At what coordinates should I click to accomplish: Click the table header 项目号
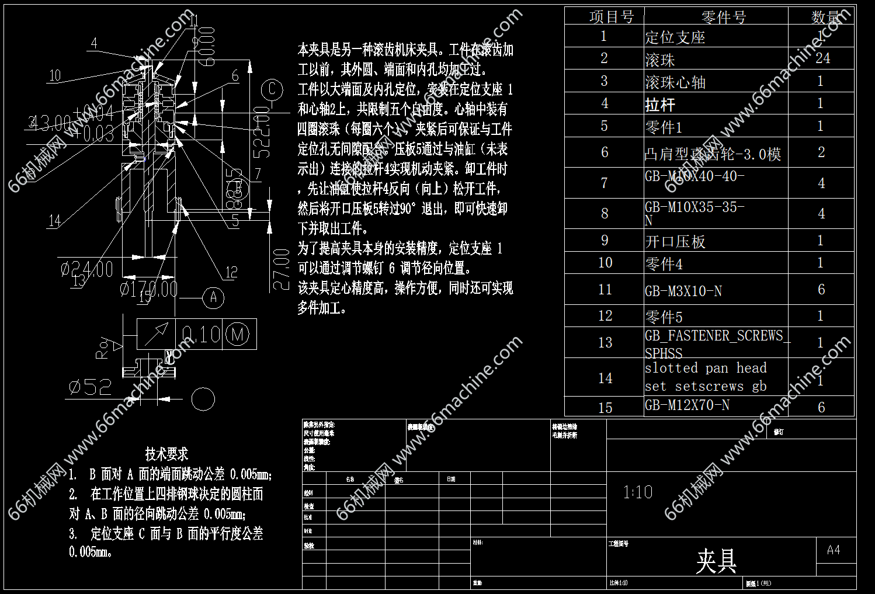(611, 17)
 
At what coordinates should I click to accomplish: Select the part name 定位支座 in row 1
(675, 37)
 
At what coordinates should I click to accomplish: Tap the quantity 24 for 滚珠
(822, 58)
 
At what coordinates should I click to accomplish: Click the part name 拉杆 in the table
(660, 105)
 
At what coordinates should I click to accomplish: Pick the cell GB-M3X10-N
(683, 291)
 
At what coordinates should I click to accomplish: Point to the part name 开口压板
(675, 241)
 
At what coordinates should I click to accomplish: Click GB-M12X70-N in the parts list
(687, 405)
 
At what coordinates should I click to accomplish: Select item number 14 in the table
(605, 378)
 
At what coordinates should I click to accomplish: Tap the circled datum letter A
(213, 298)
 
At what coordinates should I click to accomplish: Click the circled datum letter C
(272, 90)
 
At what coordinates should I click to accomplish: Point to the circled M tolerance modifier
(237, 335)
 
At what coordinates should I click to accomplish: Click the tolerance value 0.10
(200, 335)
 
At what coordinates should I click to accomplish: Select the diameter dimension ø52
(90, 387)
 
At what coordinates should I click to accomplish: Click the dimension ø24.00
(87, 269)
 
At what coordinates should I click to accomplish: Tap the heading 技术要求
(166, 454)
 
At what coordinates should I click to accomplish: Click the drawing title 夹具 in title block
(716, 561)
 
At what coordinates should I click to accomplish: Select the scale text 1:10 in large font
(638, 492)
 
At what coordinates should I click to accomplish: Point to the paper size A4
(834, 550)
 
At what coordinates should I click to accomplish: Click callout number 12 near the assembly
(232, 272)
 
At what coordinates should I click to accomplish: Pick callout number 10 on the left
(55, 75)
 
